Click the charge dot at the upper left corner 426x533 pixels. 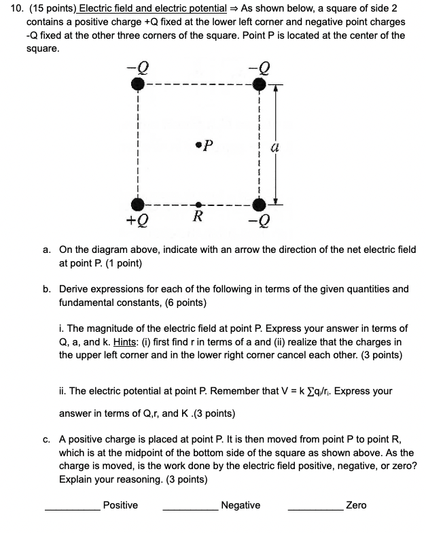(137, 84)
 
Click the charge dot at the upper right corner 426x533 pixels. (258, 84)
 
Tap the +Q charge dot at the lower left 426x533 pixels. (137, 204)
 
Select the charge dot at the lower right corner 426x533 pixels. (258, 204)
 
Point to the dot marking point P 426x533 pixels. (197, 143)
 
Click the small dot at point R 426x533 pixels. (198, 204)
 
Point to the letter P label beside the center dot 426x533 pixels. (209, 144)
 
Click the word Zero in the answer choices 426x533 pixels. (356, 505)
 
